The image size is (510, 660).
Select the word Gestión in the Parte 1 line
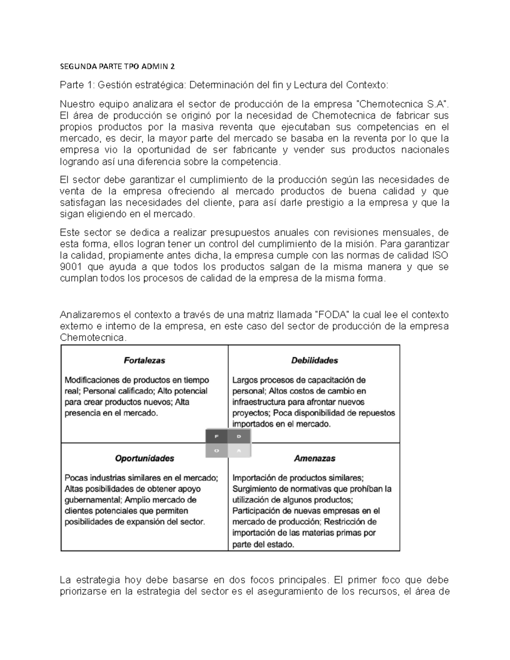pyautogui.click(x=113, y=85)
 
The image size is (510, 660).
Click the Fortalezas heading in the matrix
pyautogui.click(x=144, y=360)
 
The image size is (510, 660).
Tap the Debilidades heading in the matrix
pyautogui.click(x=314, y=360)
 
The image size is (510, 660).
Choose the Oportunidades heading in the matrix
pyautogui.click(x=144, y=459)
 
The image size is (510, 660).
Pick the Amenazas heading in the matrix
pyautogui.click(x=314, y=459)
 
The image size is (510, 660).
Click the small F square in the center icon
pyautogui.click(x=217, y=436)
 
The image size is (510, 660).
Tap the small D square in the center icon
pyautogui.click(x=239, y=436)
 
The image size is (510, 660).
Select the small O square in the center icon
pyautogui.click(x=217, y=450)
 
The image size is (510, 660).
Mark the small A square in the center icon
pyautogui.click(x=239, y=450)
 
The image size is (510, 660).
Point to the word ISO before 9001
pyautogui.click(x=440, y=255)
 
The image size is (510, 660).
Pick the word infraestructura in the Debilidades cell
pyautogui.click(x=259, y=402)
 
